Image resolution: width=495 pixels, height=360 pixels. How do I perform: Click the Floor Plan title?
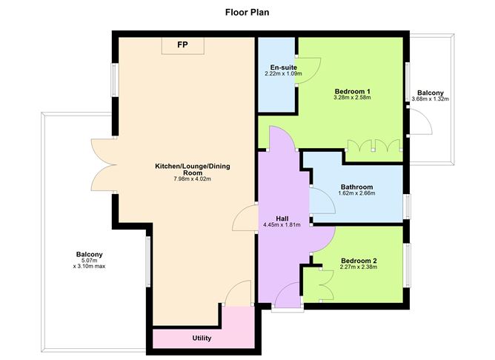pos(247,12)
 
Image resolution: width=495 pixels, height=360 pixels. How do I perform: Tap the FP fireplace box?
pos(182,44)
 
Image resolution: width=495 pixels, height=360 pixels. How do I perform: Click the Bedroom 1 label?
pos(352,91)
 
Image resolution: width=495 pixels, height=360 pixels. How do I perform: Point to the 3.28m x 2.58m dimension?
pos(352,99)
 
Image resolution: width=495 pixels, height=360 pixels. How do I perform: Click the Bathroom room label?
pos(356,187)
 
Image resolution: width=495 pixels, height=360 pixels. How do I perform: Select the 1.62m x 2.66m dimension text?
pos(356,195)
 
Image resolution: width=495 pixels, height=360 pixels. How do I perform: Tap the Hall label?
pos(282,218)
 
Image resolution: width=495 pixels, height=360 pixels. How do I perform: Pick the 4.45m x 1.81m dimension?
pos(282,225)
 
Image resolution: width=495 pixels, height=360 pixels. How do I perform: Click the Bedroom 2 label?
pos(359,261)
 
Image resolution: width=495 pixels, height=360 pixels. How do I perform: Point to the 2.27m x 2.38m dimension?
pos(359,268)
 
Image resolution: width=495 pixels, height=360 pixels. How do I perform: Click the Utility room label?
pos(202,339)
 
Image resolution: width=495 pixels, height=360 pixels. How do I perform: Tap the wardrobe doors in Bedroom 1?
pos(368,147)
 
